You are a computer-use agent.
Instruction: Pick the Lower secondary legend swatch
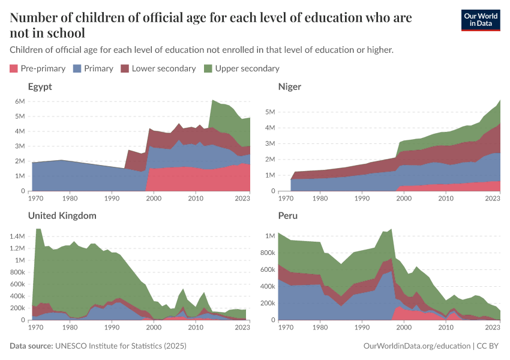point(125,68)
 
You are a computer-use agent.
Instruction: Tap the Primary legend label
point(98,68)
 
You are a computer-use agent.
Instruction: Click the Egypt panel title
point(40,86)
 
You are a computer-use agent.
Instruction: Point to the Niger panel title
point(290,86)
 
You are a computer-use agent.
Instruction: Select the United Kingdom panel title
point(62,215)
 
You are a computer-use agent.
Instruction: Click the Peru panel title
point(288,215)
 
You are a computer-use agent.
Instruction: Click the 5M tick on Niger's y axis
point(269,112)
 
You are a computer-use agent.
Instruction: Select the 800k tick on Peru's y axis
point(266,253)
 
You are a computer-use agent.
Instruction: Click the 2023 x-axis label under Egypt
point(243,198)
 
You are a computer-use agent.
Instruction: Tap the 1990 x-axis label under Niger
point(362,198)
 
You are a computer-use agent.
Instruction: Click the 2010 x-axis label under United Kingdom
point(195,327)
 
